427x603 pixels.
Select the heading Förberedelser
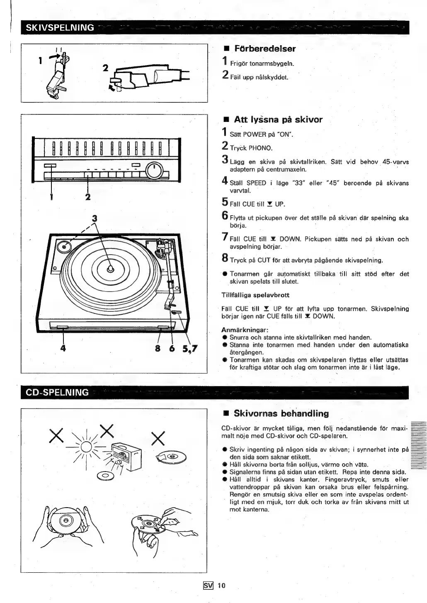265,49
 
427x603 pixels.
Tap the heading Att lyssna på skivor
278,119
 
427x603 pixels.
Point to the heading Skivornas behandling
281,413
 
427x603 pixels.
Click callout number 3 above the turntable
95,217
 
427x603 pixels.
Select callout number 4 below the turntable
63,348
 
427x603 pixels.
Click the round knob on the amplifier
154,170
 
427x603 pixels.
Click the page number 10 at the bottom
221,585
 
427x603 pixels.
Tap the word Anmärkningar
245,330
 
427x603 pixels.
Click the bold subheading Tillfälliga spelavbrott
255,295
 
